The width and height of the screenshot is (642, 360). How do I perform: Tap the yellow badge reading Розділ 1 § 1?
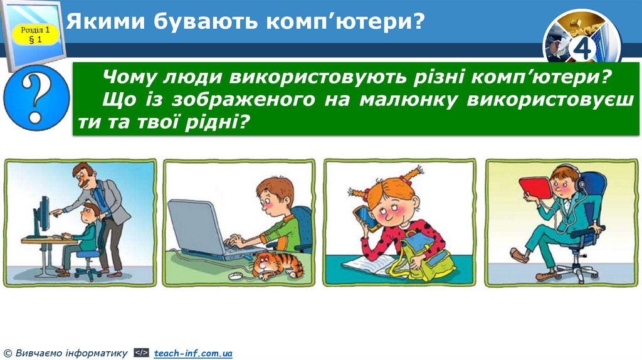click(x=34, y=34)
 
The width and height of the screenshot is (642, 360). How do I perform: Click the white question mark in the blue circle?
click(x=36, y=98)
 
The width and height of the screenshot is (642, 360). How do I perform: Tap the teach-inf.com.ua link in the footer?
click(x=193, y=354)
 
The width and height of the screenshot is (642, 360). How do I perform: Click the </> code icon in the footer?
click(x=141, y=354)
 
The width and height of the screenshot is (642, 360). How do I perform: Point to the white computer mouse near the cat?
click(x=236, y=275)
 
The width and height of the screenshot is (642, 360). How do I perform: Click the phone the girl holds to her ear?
click(x=364, y=216)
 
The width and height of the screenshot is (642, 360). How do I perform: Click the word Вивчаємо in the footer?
click(x=37, y=354)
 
